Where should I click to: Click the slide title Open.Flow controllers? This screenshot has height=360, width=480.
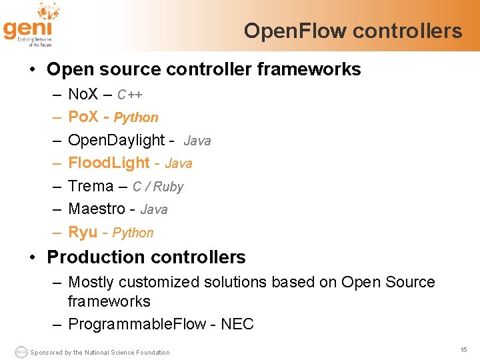pyautogui.click(x=353, y=31)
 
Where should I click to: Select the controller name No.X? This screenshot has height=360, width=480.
pyautogui.click(x=83, y=94)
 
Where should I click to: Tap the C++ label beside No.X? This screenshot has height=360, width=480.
pyautogui.click(x=130, y=95)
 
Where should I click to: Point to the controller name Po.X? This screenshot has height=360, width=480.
pyautogui.click(x=83, y=117)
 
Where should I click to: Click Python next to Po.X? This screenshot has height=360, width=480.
pyautogui.click(x=136, y=118)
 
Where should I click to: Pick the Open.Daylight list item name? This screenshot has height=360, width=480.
pyautogui.click(x=117, y=141)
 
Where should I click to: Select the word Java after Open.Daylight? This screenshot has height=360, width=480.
pyautogui.click(x=197, y=141)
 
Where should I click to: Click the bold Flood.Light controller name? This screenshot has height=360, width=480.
pyautogui.click(x=109, y=163)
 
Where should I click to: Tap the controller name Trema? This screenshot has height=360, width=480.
pyautogui.click(x=91, y=187)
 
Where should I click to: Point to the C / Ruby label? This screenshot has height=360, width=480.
pyautogui.click(x=158, y=187)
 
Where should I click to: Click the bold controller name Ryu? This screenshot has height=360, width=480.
pyautogui.click(x=83, y=232)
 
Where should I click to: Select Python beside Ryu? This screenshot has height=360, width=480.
pyautogui.click(x=133, y=233)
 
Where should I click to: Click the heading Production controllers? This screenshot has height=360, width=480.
pyautogui.click(x=146, y=257)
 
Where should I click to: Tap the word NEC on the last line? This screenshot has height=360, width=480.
pyautogui.click(x=237, y=325)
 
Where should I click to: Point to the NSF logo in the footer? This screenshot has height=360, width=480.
pyautogui.click(x=21, y=351)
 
